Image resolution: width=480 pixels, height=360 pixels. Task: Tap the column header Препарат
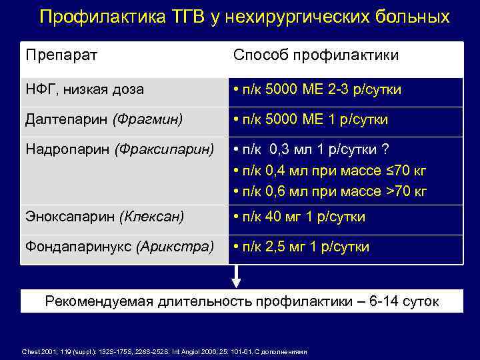pos(61,55)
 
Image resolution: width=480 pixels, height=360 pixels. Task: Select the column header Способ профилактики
pos(316,55)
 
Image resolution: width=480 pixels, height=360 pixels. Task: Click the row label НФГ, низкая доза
pos(84,89)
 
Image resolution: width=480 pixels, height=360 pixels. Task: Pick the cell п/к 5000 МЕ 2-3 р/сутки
pos(317,89)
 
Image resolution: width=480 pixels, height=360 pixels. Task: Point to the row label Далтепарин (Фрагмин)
pos(104,119)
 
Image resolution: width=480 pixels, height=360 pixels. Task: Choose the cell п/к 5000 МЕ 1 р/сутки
pos(310,120)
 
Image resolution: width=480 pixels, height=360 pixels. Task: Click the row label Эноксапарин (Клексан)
pos(105,217)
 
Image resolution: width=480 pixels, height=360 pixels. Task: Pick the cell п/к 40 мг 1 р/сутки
pos(299,217)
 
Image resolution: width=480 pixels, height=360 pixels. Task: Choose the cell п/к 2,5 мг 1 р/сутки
pos(301,247)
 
